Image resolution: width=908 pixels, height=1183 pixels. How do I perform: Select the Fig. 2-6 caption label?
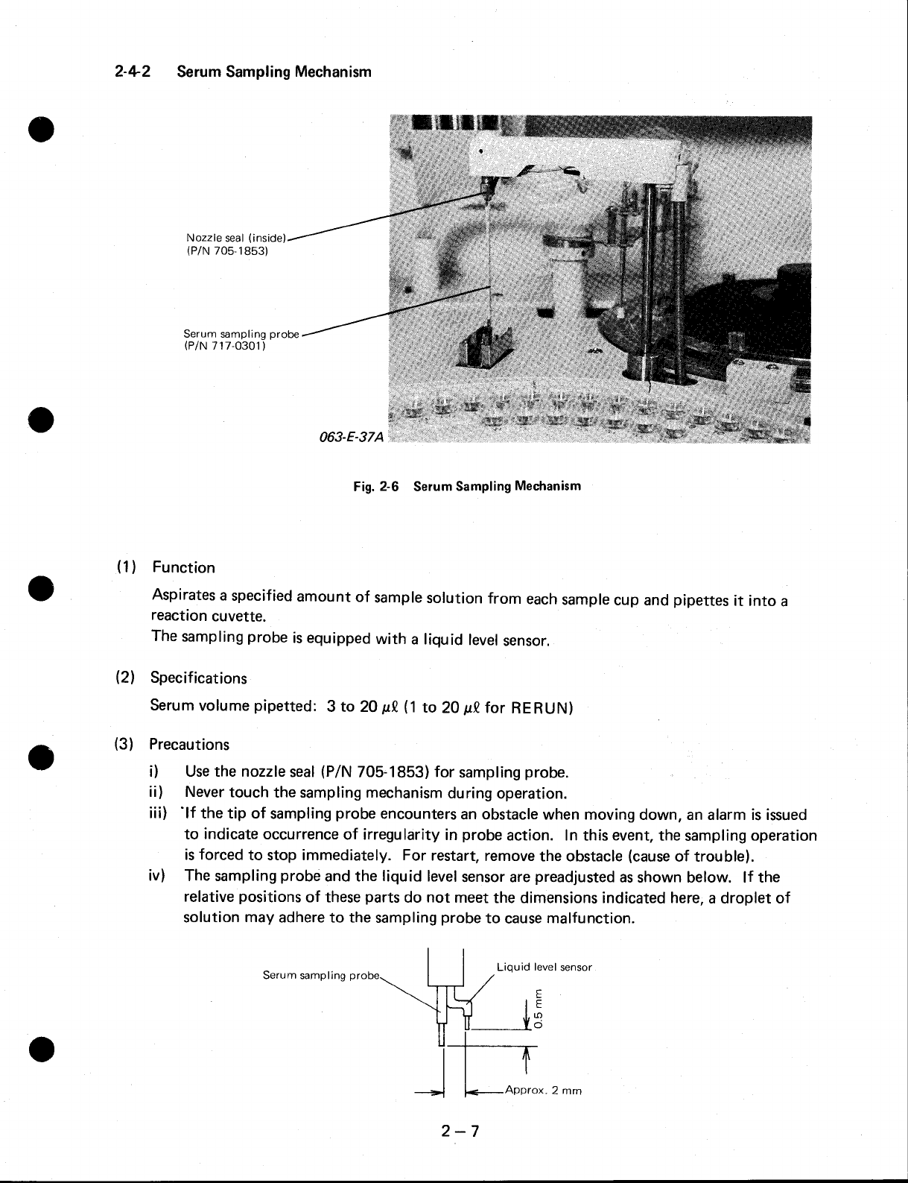coord(377,487)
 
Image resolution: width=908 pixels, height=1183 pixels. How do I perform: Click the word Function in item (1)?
coord(184,567)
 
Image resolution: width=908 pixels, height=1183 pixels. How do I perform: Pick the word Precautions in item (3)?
coord(189,745)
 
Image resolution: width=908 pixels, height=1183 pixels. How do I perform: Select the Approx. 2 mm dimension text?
coord(543,1091)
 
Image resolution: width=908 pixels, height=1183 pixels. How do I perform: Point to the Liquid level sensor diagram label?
coord(544,967)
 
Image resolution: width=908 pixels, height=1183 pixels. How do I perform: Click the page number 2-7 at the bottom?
coord(460,1132)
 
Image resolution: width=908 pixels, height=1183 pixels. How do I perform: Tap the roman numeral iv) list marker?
coord(157,877)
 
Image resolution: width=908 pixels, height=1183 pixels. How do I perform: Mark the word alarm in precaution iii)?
coord(731,815)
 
